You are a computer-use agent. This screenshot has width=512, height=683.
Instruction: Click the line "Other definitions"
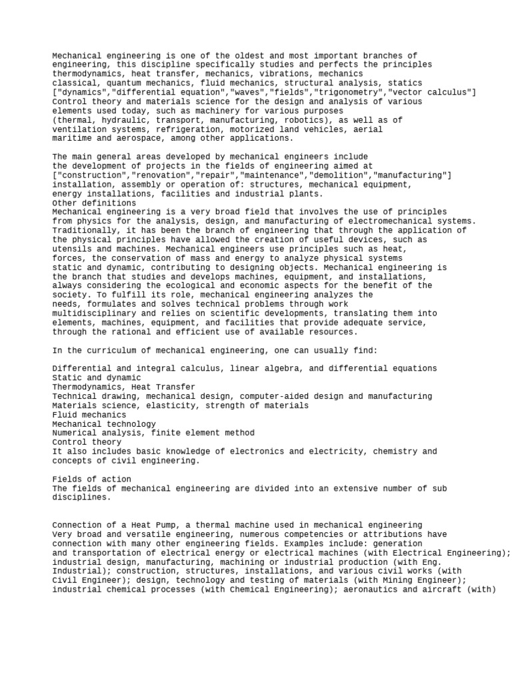coord(94,203)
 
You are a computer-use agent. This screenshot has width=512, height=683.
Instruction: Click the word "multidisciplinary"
coord(94,313)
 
